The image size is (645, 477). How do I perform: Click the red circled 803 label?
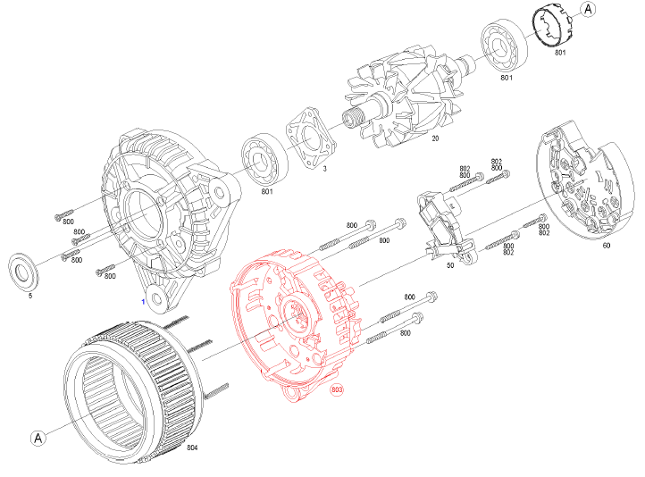pyautogui.click(x=337, y=389)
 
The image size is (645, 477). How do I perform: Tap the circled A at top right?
pyautogui.click(x=588, y=10)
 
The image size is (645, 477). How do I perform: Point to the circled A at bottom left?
pyautogui.click(x=38, y=438)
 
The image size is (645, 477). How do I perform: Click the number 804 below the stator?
pyautogui.click(x=192, y=446)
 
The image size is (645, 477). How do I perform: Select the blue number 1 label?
pyautogui.click(x=141, y=303)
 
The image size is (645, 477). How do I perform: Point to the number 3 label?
pyautogui.click(x=324, y=168)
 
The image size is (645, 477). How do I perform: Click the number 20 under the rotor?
pyautogui.click(x=435, y=138)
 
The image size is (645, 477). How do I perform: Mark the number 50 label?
pyautogui.click(x=449, y=265)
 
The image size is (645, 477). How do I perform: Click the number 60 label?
pyautogui.click(x=606, y=245)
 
